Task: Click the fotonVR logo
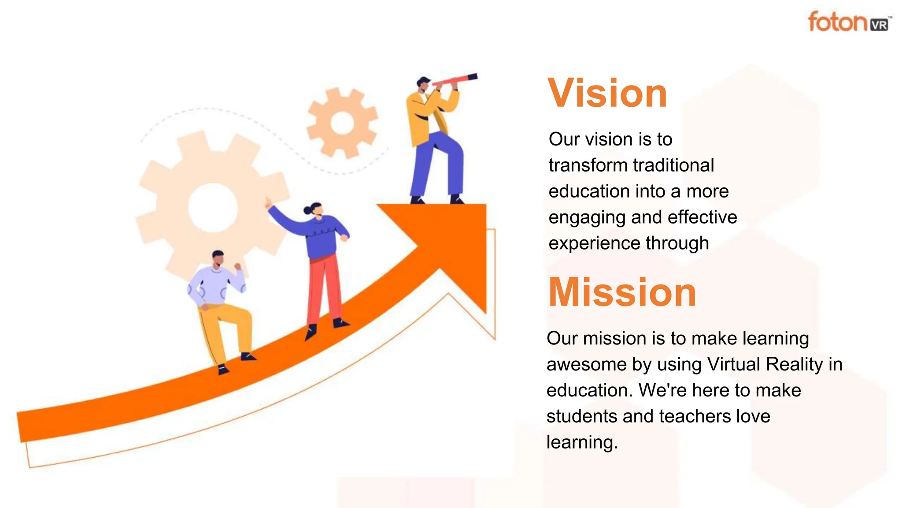point(848,22)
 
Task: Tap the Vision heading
point(607,93)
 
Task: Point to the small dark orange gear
point(342,123)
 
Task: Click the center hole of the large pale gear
point(213,207)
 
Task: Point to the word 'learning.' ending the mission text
point(582,442)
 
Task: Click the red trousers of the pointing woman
point(325,287)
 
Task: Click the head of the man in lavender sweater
point(218,258)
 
